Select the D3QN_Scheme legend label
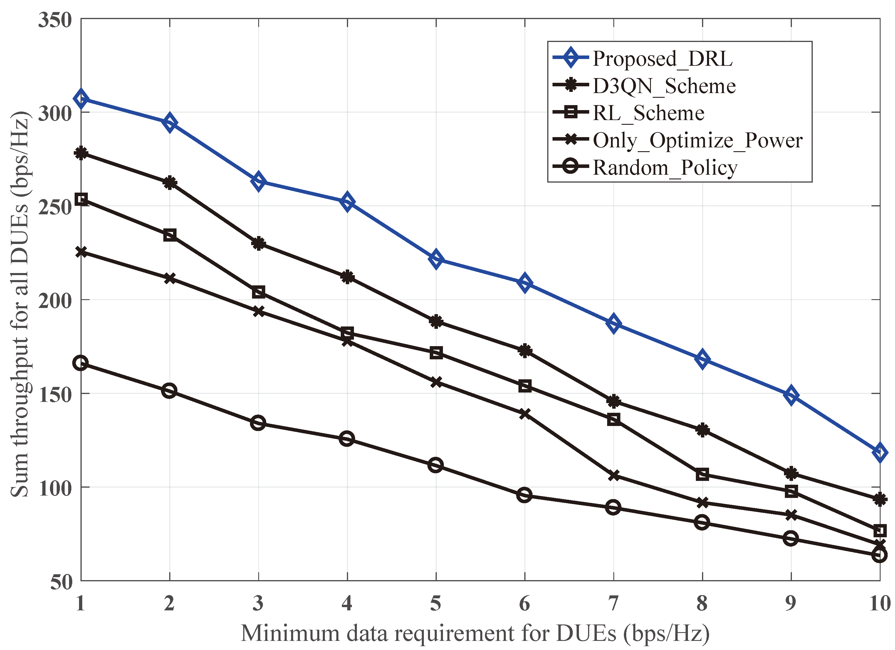point(664,86)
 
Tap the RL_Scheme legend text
point(648,113)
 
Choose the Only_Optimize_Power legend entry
point(697,140)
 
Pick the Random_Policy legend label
point(665,168)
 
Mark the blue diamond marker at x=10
point(880,453)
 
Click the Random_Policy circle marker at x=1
point(81,363)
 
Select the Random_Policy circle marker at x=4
point(347,439)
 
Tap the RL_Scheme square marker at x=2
point(170,235)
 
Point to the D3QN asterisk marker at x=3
point(258,244)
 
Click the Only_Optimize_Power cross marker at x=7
point(614,476)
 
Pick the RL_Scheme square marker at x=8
point(702,474)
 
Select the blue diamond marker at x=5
point(436,259)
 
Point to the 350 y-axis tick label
point(55,20)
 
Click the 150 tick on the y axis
point(55,394)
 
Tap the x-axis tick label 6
point(524,603)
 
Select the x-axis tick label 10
point(880,603)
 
